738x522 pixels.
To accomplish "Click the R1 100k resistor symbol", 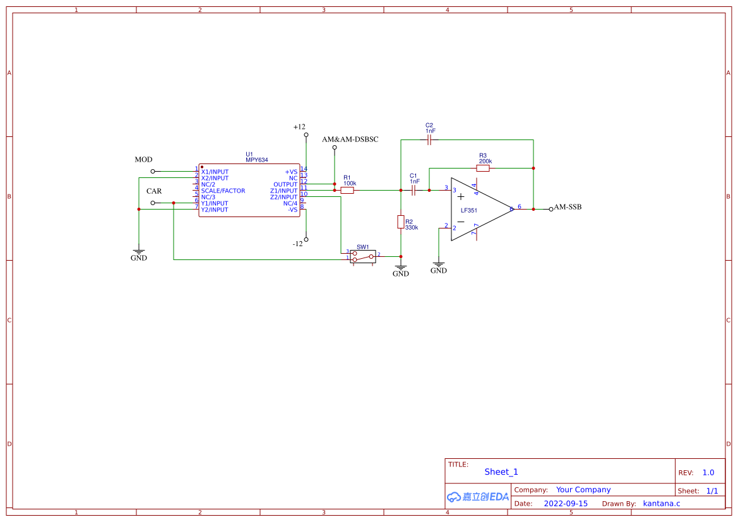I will click(347, 190).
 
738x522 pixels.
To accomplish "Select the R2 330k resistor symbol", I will click(401, 222).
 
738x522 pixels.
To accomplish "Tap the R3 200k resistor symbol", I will click(483, 169).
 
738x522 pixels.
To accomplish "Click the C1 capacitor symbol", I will click(414, 189).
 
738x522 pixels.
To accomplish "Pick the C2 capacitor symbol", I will click(429, 139).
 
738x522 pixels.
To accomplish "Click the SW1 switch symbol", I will click(363, 256).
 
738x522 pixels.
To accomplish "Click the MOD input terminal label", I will click(143, 160).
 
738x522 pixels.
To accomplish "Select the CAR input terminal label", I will click(154, 191).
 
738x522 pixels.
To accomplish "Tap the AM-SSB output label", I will click(568, 207).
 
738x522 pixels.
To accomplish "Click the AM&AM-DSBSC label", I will click(350, 139).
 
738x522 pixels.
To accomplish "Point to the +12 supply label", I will click(299, 127).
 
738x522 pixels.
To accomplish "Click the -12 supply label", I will click(298, 244).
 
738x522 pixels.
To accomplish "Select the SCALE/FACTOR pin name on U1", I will click(223, 191).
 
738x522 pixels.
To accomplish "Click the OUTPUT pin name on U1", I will click(285, 184).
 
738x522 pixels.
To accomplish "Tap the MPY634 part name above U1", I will click(257, 160).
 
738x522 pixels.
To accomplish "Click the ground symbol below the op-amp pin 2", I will click(439, 266).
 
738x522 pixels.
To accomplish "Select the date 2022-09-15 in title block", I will click(566, 504).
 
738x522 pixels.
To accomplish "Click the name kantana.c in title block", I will click(661, 504).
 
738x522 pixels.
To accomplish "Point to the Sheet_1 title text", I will click(501, 472).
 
